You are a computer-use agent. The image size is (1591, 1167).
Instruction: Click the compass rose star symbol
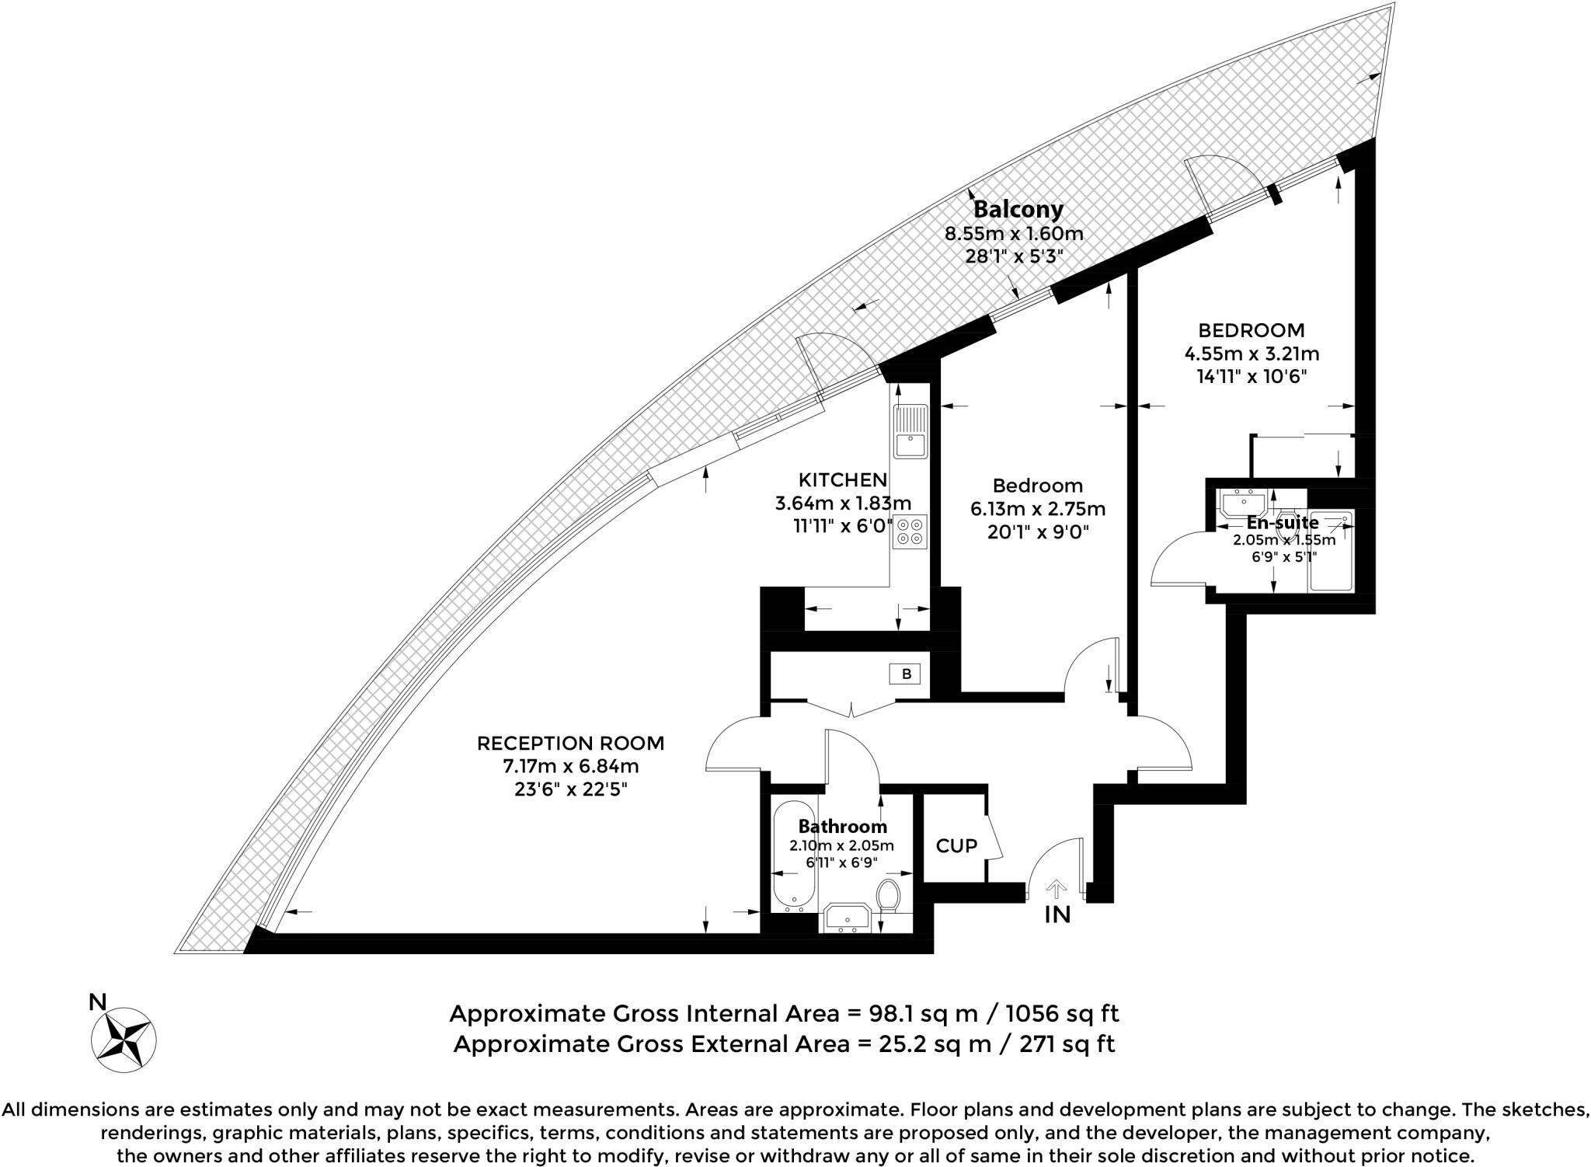pos(124,1039)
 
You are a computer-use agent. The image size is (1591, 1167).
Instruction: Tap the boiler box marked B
pos(906,674)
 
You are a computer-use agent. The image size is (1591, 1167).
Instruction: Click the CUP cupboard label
pos(956,845)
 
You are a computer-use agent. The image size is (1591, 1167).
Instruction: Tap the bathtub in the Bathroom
pos(794,855)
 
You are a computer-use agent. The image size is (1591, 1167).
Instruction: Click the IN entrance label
pos(1057,915)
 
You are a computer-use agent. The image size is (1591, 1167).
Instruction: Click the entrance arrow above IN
pos(1057,887)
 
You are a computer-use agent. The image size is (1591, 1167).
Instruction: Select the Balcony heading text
pos(1018,209)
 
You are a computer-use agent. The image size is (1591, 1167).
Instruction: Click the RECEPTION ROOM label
pos(570,744)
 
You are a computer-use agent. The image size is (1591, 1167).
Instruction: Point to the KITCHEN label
pos(843,479)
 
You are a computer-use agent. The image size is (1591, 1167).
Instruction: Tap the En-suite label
pos(1283,523)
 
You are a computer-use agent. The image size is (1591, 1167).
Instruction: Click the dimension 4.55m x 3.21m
pos(1251,354)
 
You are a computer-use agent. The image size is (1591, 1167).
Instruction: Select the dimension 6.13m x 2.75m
pos(1037,510)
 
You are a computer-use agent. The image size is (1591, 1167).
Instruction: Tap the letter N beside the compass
pos(97,1002)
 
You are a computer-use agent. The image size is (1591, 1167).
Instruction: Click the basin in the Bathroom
pos(848,918)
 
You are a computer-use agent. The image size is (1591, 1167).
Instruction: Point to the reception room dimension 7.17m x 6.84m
pos(570,767)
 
